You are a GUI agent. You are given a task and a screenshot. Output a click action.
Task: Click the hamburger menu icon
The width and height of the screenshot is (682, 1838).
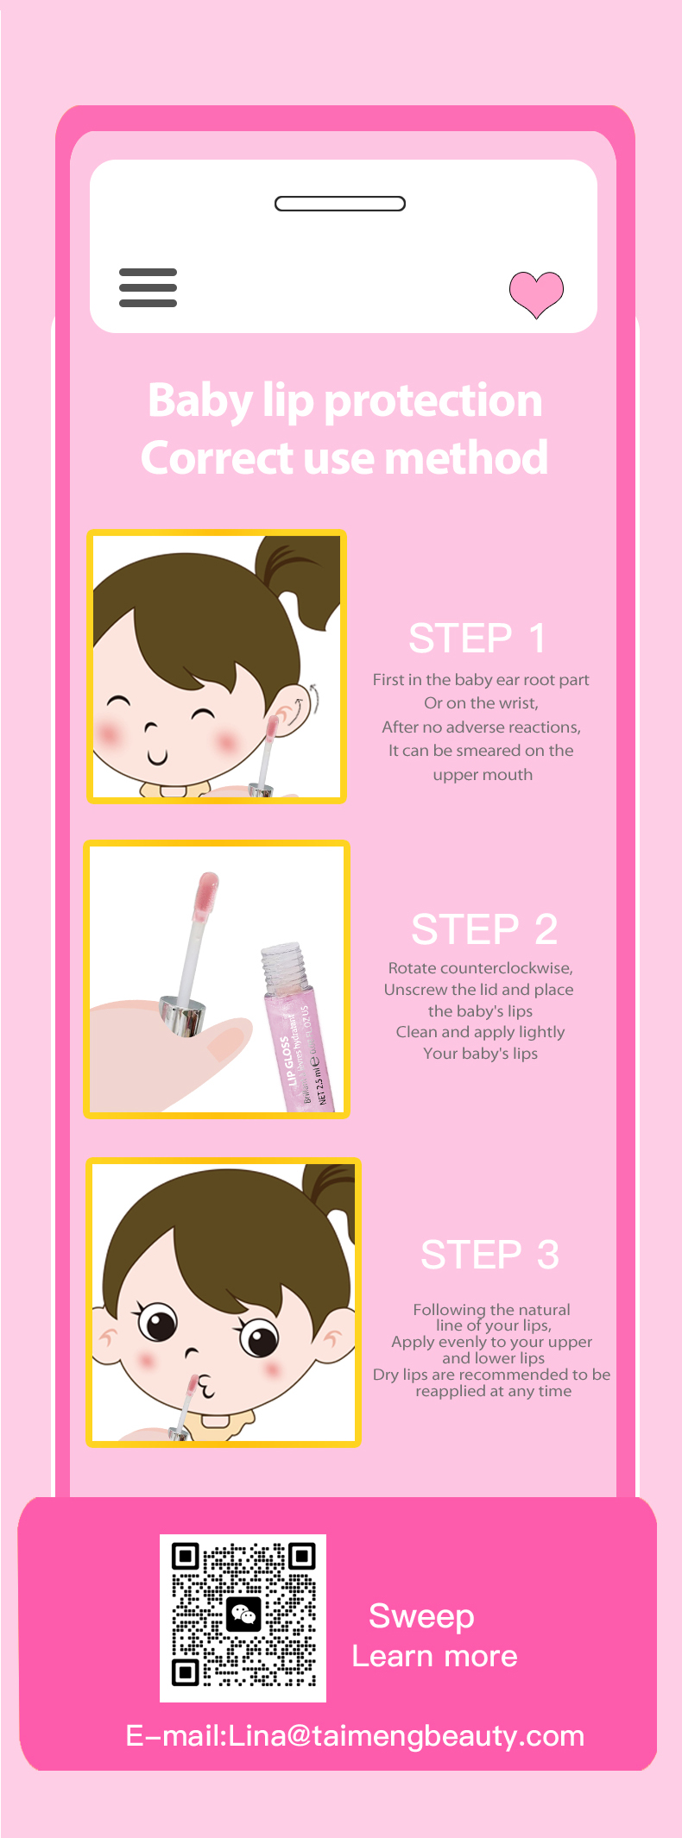pyautogui.click(x=148, y=287)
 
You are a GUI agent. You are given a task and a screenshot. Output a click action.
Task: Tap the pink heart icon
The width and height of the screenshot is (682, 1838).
pyautogui.click(x=536, y=293)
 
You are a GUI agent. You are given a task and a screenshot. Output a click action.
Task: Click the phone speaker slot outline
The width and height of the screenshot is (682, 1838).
pyautogui.click(x=340, y=204)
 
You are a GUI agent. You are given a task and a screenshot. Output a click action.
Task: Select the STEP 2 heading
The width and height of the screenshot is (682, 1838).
pyautogui.click(x=484, y=929)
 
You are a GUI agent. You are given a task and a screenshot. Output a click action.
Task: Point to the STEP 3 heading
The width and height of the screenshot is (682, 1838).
pyautogui.click(x=489, y=1255)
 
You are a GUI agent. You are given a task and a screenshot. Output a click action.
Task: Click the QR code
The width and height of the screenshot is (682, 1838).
pyautogui.click(x=243, y=1618)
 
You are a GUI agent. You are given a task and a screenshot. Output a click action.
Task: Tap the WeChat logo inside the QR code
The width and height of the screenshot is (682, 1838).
pyautogui.click(x=243, y=1615)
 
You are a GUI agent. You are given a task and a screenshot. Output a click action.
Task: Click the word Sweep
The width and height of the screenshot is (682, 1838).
pyautogui.click(x=421, y=1616)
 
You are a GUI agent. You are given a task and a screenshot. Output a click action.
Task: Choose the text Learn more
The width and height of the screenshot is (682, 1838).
pyautogui.click(x=434, y=1656)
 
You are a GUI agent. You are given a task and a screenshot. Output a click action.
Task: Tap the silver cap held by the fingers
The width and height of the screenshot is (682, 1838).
pyautogui.click(x=183, y=1015)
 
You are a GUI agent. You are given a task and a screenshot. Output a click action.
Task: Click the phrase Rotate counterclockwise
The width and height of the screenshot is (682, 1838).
pyautogui.click(x=481, y=968)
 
